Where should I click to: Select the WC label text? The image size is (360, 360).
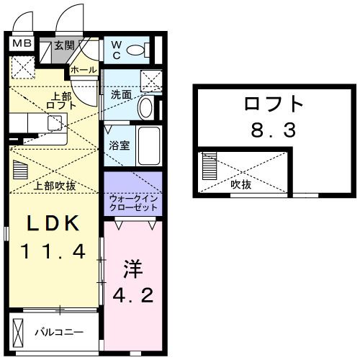click(116, 51)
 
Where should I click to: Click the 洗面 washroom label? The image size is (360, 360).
click(121, 94)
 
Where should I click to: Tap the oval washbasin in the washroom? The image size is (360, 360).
click(145, 108)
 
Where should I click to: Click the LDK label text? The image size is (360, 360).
click(52, 223)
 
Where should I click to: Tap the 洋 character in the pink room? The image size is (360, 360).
click(135, 271)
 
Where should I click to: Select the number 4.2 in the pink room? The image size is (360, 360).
click(135, 295)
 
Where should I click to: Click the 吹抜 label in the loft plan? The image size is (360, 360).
click(240, 185)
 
